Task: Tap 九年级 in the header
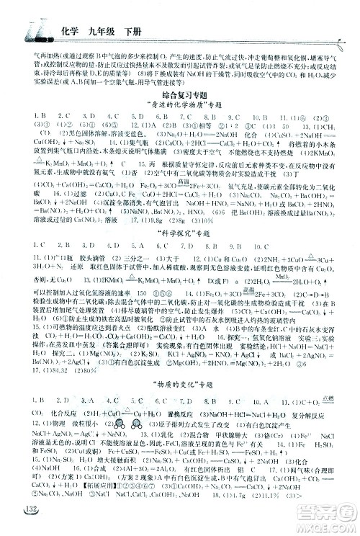95,30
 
